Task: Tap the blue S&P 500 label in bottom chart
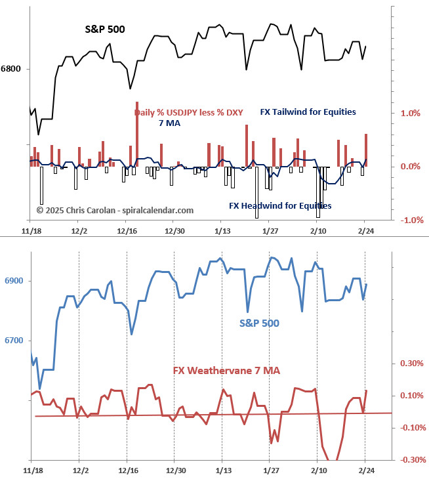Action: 259,323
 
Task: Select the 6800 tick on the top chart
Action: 10,68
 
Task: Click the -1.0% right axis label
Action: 411,220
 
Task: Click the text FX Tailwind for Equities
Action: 308,112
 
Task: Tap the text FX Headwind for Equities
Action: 280,205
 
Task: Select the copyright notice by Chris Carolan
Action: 115,210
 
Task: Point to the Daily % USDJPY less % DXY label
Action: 189,112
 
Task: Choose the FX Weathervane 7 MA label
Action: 226,371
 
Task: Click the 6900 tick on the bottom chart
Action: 14,281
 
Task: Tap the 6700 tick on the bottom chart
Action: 14,340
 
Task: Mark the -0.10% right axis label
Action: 411,428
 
